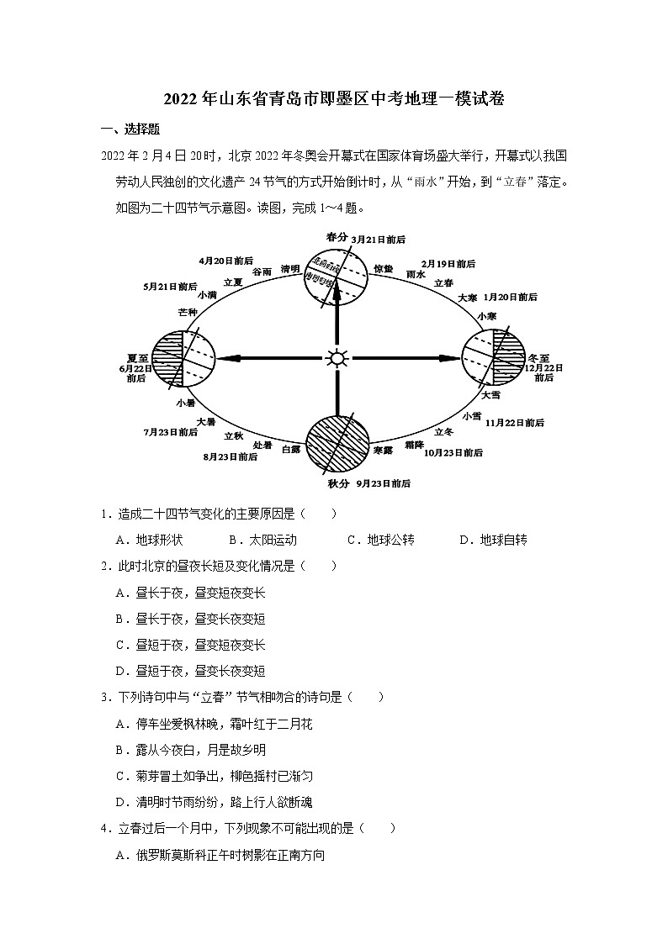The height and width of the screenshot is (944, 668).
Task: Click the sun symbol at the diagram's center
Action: (x=337, y=359)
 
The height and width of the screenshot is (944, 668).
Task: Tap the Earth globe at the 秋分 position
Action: (x=337, y=447)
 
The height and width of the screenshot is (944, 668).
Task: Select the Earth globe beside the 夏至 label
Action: (x=183, y=359)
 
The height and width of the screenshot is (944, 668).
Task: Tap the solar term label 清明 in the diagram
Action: (x=290, y=269)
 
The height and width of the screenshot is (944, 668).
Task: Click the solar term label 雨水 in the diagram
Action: (x=415, y=274)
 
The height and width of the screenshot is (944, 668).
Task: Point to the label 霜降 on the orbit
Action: (x=413, y=446)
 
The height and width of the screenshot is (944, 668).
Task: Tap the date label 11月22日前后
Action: (x=515, y=422)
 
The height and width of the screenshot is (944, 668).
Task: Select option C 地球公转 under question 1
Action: (x=380, y=540)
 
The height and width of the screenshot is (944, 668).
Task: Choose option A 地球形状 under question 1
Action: (x=150, y=540)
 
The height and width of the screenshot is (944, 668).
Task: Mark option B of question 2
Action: (x=190, y=619)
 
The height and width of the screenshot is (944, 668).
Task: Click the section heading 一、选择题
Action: (x=130, y=129)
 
